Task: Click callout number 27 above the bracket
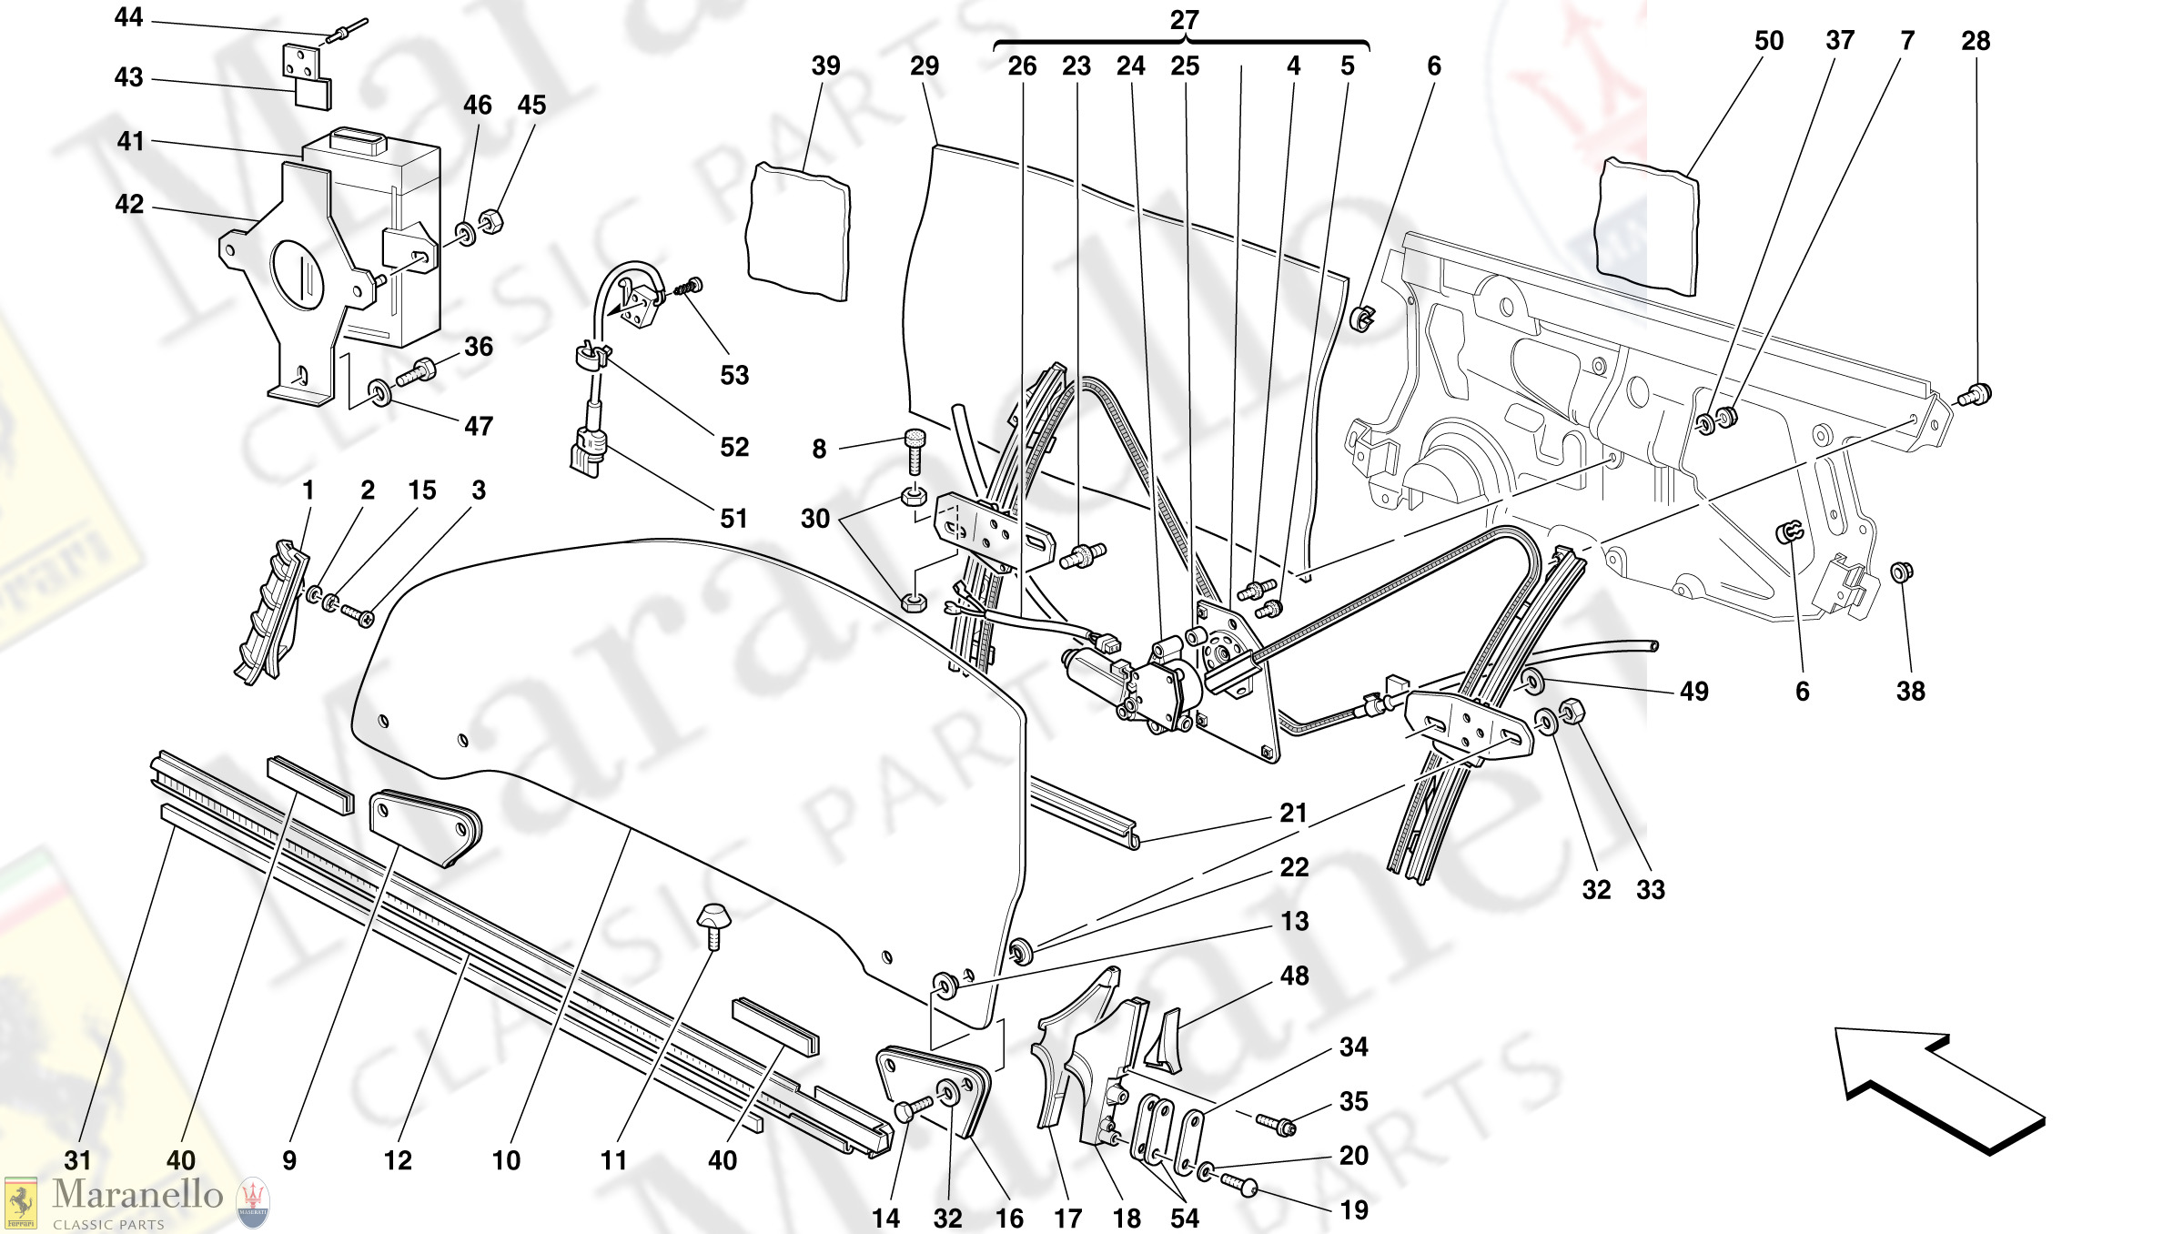1184,20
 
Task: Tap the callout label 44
128,17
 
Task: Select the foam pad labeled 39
798,231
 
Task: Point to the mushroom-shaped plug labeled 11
713,920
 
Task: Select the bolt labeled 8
915,450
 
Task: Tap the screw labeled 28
1978,395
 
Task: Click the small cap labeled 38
1902,571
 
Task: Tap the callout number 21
1293,813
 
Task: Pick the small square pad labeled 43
312,93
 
